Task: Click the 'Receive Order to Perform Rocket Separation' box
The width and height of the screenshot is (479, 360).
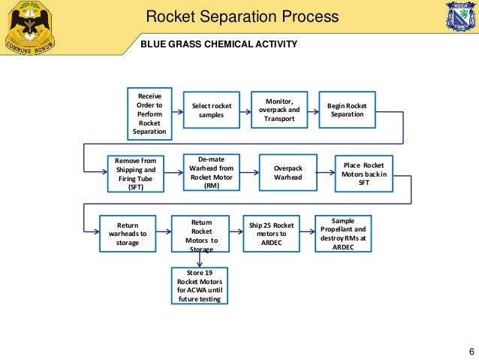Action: tap(150, 113)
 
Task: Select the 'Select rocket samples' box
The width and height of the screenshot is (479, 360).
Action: tap(212, 110)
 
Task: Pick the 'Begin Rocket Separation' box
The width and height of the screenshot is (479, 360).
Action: tap(347, 110)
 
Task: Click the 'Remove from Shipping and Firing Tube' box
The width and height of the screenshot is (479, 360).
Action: tap(135, 174)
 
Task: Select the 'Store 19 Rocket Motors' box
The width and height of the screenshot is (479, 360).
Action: tap(200, 286)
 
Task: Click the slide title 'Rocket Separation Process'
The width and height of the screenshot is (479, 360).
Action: tap(241, 17)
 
